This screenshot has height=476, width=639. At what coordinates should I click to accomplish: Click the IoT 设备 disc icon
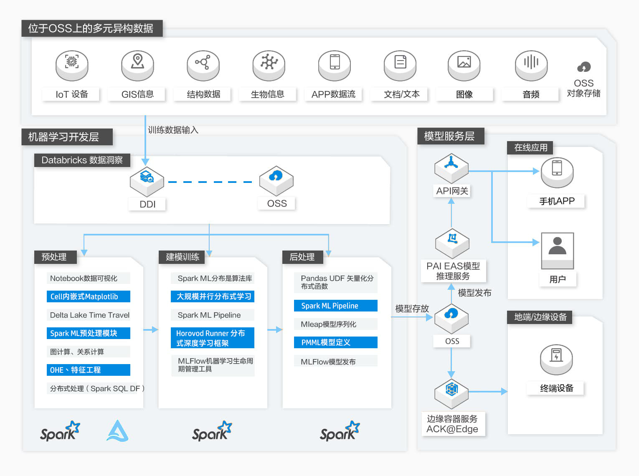coord(72,66)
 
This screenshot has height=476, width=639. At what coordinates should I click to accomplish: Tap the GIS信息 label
coord(137,94)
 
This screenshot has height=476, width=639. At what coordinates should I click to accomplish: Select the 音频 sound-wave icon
coord(531,66)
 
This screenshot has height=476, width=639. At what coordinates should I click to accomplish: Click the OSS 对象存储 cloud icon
coord(584,67)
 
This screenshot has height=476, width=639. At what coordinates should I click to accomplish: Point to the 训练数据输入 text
coord(173,130)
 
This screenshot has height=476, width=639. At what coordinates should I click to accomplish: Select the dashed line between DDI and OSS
coord(210,182)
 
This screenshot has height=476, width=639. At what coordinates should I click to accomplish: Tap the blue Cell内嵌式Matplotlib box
coord(89,296)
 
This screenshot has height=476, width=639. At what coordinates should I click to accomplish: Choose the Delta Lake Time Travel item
coord(90,315)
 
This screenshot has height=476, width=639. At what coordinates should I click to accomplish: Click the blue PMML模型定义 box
coord(336,342)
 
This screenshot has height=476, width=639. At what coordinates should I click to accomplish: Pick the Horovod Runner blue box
coord(213,338)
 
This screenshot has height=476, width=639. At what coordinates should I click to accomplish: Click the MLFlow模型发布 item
coord(328,362)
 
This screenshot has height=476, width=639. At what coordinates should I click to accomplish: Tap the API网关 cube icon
coord(451,168)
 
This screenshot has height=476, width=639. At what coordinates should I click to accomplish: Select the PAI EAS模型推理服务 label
coord(453,271)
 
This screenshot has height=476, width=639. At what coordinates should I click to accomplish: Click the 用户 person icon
coord(558,251)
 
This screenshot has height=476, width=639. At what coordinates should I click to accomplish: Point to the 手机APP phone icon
coord(557,172)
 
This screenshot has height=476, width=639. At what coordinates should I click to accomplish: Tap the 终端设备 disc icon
coord(556,360)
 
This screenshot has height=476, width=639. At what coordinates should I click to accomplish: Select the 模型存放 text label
coord(412,309)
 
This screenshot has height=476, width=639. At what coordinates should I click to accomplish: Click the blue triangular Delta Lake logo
coord(117,431)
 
